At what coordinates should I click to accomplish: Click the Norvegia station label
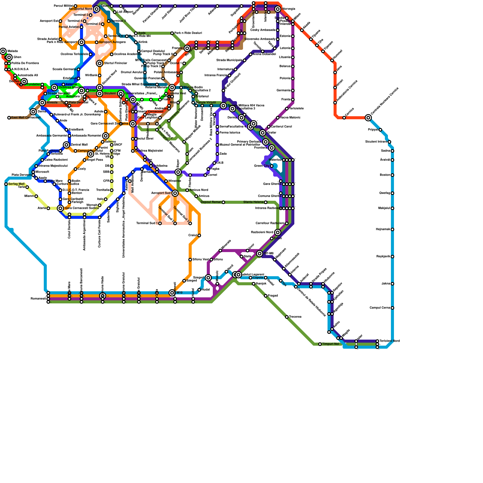(289, 9)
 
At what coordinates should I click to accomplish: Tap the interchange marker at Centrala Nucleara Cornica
(368, 118)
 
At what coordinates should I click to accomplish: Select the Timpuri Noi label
(331, 344)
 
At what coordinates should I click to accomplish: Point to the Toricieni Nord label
(389, 341)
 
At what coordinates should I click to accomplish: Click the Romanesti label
(38, 299)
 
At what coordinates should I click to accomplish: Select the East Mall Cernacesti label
(26, 118)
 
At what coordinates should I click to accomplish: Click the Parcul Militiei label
(63, 6)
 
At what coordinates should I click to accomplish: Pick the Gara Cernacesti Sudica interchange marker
(60, 208)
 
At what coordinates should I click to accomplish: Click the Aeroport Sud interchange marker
(175, 193)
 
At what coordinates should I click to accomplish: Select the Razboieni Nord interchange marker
(278, 232)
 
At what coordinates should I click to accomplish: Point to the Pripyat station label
(373, 130)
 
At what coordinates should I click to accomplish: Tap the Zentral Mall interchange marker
(66, 145)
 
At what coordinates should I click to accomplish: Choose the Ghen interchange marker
(9, 57)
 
